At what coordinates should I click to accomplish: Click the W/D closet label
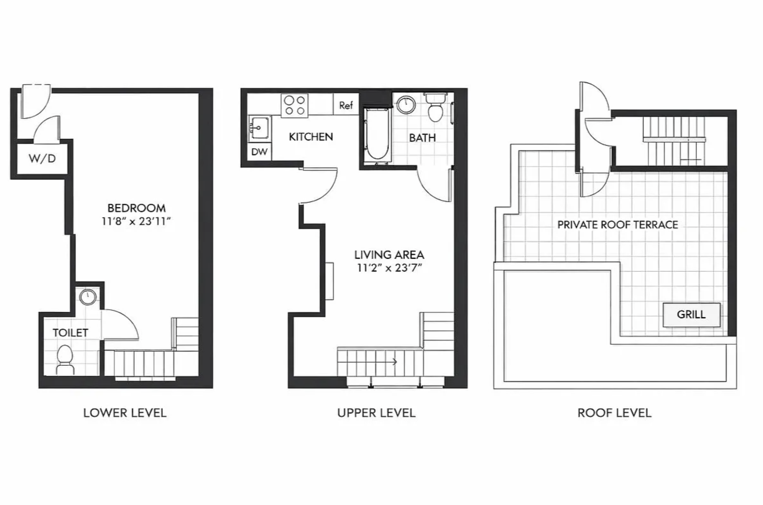(x=42, y=159)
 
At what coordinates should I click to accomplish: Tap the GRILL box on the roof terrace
(x=691, y=314)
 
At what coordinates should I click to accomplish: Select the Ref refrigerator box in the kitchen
(x=346, y=105)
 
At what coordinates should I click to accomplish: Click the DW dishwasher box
(x=259, y=152)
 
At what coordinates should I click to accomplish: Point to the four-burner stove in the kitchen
(x=294, y=105)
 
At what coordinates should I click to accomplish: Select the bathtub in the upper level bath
(x=377, y=136)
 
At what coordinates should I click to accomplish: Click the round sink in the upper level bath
(x=406, y=105)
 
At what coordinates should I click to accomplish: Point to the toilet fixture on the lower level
(x=65, y=359)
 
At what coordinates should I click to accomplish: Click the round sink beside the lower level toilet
(x=88, y=297)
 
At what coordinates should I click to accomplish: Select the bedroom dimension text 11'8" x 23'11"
(x=136, y=222)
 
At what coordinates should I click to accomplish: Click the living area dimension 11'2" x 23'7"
(x=389, y=268)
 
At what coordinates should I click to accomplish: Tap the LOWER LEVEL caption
(x=125, y=413)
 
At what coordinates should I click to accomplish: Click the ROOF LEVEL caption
(x=614, y=413)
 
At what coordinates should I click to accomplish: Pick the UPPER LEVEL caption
(x=376, y=413)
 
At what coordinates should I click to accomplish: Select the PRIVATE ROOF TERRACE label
(x=617, y=225)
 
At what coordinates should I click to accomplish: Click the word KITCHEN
(x=311, y=137)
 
